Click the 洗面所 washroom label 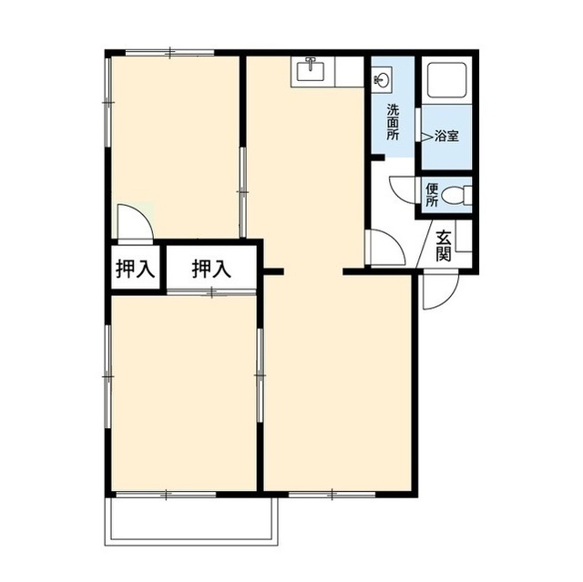coord(393,122)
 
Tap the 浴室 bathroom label coord(446,136)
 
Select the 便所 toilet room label coord(432,195)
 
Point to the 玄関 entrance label coord(444,246)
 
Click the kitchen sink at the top coord(311,70)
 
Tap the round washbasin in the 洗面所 coord(383,78)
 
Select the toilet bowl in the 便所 coord(455,195)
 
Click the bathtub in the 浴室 coord(447,80)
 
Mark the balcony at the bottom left coord(191,521)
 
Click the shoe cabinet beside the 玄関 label coord(464,236)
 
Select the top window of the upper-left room coord(170,53)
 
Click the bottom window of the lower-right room coord(332,495)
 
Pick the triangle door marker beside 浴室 coord(427,136)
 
